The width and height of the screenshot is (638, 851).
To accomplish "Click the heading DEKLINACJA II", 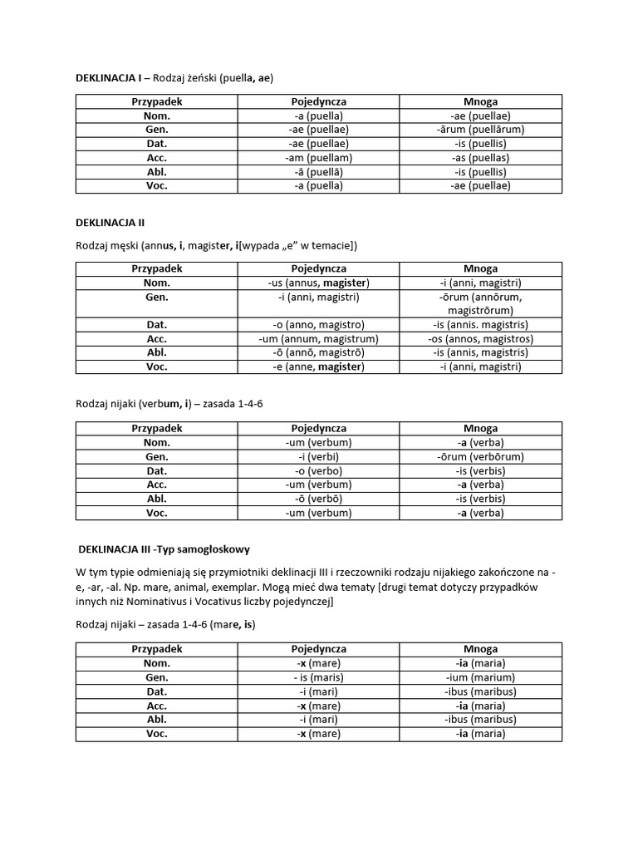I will tap(110, 223).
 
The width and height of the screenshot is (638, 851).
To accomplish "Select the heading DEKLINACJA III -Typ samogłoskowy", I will tap(164, 550).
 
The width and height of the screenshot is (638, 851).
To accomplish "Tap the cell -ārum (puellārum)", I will tap(480, 130).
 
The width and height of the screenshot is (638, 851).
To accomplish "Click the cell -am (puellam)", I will tap(319, 158).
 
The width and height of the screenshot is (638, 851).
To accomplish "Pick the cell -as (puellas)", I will tap(480, 158).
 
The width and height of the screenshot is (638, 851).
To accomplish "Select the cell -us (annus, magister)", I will tap(319, 283).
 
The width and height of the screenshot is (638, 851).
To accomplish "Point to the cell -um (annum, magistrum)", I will tap(319, 339).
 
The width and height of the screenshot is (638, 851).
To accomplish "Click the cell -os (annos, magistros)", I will tap(480, 339).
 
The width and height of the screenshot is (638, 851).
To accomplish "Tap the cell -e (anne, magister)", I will tap(319, 367).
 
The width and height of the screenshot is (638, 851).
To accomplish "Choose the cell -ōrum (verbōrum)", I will tap(480, 457).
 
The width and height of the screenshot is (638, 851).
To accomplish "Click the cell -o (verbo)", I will tap(319, 471).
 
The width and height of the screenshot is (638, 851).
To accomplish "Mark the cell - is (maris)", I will tap(319, 677).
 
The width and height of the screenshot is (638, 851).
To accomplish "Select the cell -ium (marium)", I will tap(480, 677).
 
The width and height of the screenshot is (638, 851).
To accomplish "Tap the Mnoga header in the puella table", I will tap(480, 101).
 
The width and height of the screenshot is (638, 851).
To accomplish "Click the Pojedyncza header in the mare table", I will tap(319, 649).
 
